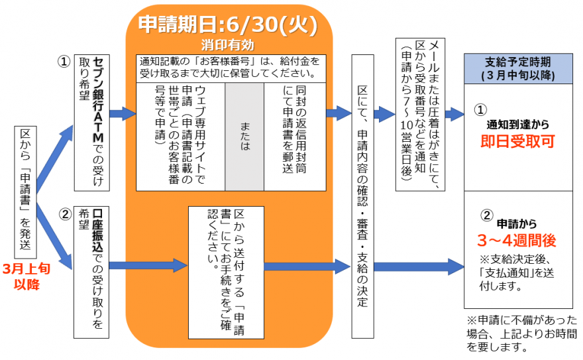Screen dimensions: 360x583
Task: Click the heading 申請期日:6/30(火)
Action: point(228,25)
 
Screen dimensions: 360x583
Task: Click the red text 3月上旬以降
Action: point(26,277)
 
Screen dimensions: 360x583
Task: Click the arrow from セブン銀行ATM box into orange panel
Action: point(123,114)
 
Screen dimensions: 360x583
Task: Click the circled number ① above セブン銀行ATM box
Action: point(64,61)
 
